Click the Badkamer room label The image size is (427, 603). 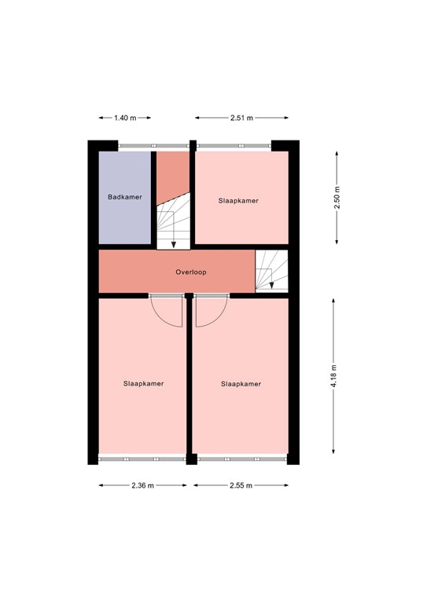(125, 197)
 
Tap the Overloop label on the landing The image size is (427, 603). (190, 272)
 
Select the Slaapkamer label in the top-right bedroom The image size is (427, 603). (238, 201)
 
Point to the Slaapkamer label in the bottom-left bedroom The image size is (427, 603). (143, 384)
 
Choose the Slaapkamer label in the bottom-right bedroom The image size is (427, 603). (241, 384)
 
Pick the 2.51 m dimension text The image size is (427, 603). (241, 118)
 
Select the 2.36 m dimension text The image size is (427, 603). (143, 485)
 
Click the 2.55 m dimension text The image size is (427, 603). (241, 485)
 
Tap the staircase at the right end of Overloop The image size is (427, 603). (271, 271)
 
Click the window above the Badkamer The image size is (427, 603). (154, 145)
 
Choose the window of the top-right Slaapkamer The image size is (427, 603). (234, 145)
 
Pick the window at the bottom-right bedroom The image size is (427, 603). (240, 458)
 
